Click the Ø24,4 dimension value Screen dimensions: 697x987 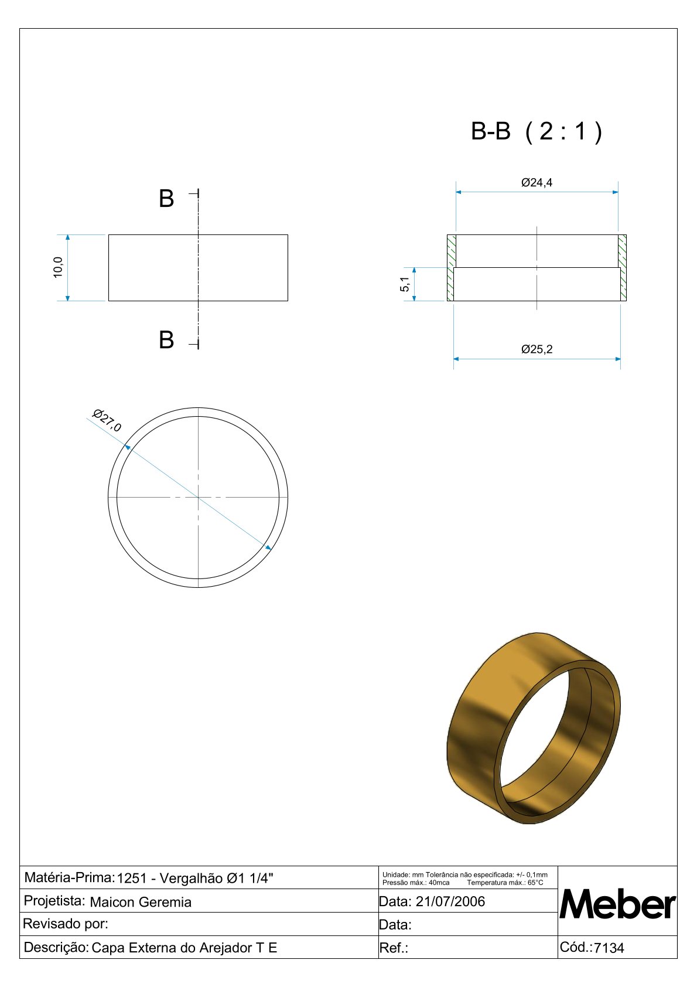(x=537, y=182)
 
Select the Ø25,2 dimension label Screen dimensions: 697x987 (x=537, y=349)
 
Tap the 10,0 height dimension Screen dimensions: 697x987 (x=57, y=267)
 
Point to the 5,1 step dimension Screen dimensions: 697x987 (x=405, y=284)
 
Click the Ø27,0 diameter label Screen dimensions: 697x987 (x=107, y=420)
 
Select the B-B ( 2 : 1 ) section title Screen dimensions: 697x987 (x=537, y=131)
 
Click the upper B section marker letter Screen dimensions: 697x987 (x=166, y=199)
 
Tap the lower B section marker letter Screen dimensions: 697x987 (x=166, y=340)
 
